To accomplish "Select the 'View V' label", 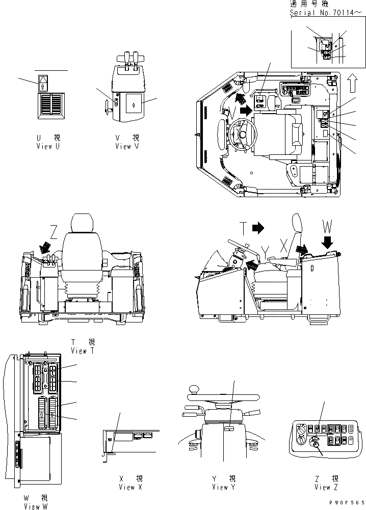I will pyautogui.click(x=123, y=146).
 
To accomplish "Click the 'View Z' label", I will pyautogui.click(x=322, y=487).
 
